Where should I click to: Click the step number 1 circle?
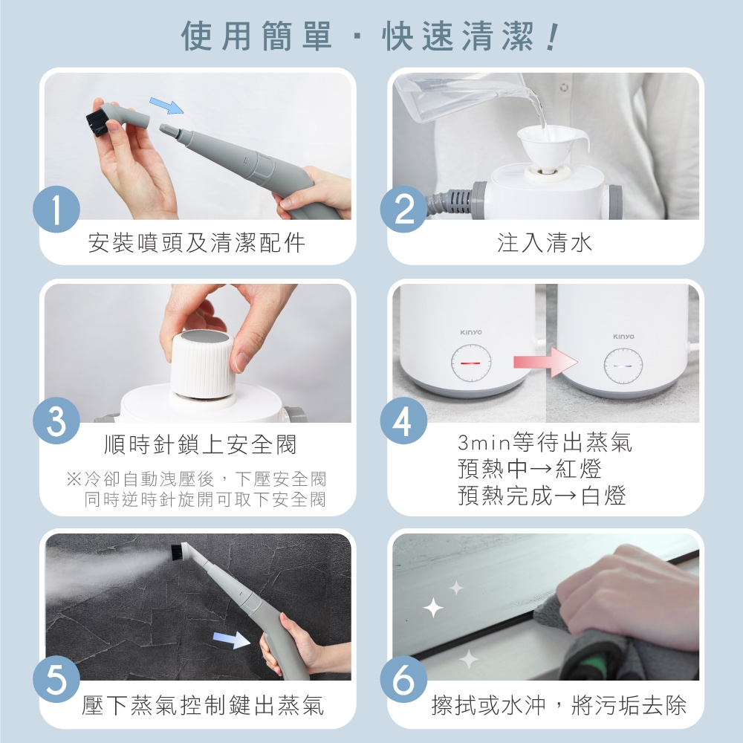pos(56,210)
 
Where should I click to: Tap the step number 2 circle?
pos(403,210)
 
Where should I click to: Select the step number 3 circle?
pos(56,421)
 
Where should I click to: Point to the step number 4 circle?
pos(403,421)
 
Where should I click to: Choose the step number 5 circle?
pos(56,679)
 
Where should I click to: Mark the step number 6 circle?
pos(403,679)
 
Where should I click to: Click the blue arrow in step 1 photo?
pos(166,106)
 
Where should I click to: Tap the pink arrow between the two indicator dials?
pos(546,363)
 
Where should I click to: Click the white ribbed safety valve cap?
pos(202,363)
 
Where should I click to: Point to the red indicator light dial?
pos(471,363)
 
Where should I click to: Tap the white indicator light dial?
pos(623,366)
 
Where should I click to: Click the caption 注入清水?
pos(545,243)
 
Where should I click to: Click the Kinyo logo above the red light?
pos(471,332)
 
